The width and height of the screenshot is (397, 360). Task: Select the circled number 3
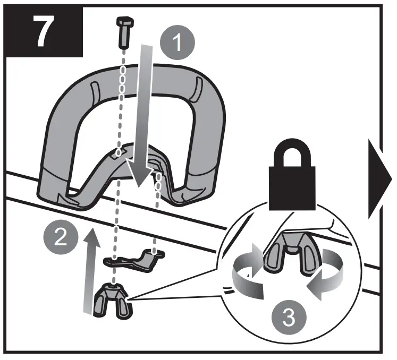pos(288,317)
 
